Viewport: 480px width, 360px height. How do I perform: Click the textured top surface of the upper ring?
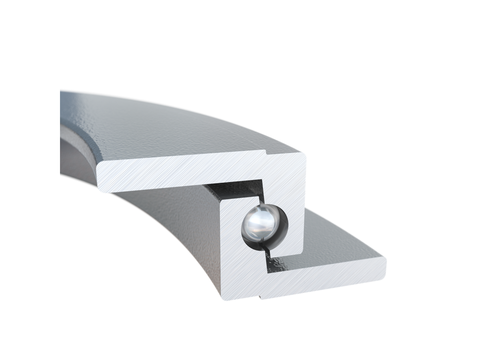click(160, 128)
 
